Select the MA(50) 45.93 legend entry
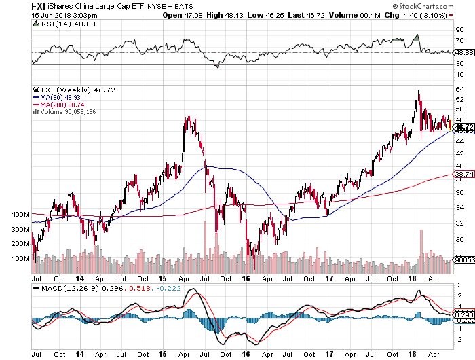[x=60, y=98]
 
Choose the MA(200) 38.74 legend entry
[x=61, y=105]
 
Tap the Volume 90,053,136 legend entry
[x=67, y=112]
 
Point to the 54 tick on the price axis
[x=460, y=89]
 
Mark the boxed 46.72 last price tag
[x=463, y=127]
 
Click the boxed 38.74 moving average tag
[x=463, y=175]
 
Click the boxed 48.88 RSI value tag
[x=463, y=52]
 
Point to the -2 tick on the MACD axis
[x=459, y=338]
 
